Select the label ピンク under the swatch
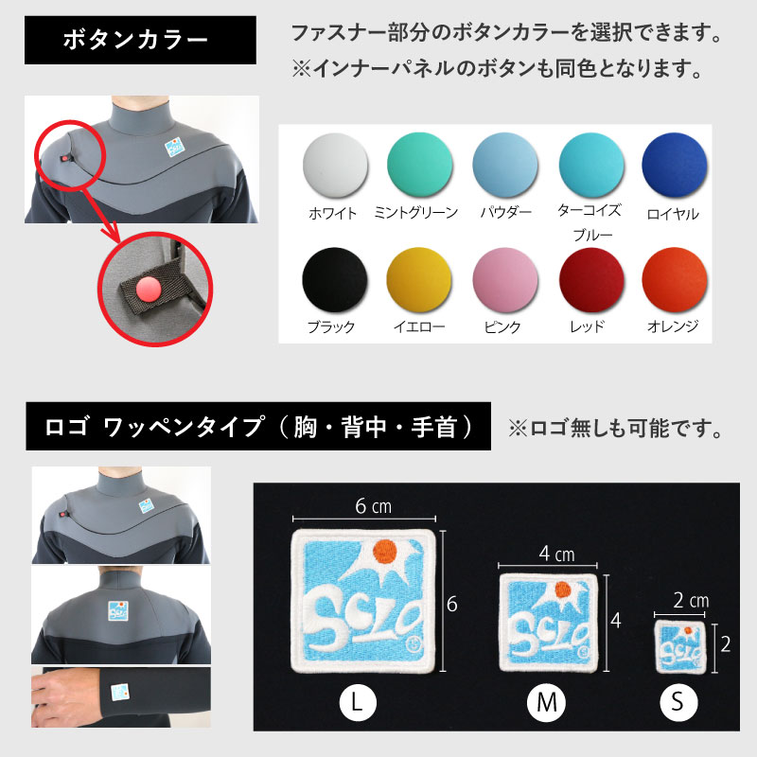(x=502, y=327)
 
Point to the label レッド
(x=587, y=327)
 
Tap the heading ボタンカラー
(x=140, y=41)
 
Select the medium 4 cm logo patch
(x=549, y=620)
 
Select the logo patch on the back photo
(x=120, y=611)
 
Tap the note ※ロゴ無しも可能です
(x=616, y=429)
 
